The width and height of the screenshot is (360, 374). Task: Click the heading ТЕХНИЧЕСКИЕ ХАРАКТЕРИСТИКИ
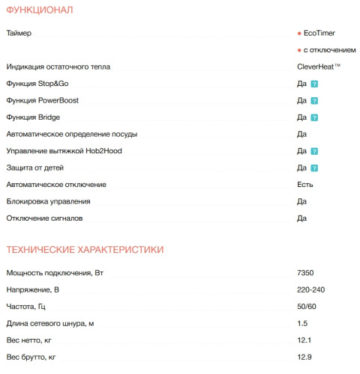(85, 249)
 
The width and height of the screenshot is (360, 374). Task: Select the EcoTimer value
(320, 34)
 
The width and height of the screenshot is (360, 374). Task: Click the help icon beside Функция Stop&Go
(315, 84)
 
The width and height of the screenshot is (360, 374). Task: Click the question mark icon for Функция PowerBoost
(315, 100)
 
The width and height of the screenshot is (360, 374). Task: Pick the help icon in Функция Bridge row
(315, 117)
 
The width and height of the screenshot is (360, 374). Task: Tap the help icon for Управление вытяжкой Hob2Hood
(315, 151)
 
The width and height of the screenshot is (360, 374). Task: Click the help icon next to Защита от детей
(315, 168)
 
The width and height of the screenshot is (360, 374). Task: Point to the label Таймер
(19, 34)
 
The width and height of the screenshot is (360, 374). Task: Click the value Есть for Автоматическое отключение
(305, 184)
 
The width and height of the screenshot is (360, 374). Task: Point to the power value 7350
(306, 273)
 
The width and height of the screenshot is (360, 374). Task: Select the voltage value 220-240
(310, 289)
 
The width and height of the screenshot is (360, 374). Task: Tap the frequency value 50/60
(307, 307)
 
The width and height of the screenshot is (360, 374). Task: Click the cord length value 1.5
(302, 323)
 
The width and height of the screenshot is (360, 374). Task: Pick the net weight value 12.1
(304, 340)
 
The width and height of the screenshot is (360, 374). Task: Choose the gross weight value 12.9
(304, 357)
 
